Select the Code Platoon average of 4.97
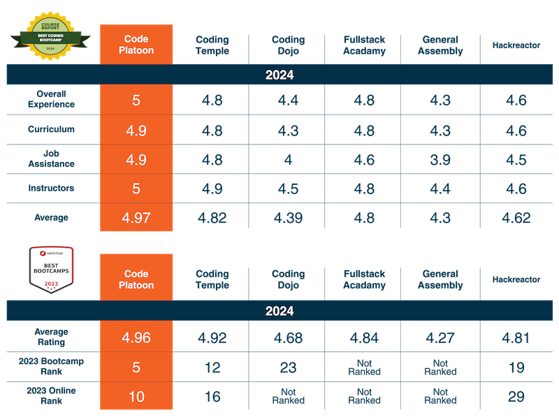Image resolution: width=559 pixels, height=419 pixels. pos(136,218)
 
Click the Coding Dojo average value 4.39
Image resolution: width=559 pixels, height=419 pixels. pos(287,218)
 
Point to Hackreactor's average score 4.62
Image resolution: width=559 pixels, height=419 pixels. pos(518,218)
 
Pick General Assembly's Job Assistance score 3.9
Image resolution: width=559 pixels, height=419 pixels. pos(440,159)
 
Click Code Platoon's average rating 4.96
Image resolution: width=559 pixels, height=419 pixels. pos(136,338)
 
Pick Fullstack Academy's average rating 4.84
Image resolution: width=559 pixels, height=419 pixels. pos(363,338)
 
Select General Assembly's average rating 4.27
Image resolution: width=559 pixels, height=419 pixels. pos(440,338)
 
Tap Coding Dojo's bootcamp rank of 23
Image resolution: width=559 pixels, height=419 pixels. pos(287,367)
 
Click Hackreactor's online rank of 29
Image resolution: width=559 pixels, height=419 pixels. pos(518,397)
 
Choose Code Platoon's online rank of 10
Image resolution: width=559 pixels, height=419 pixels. pos(136,397)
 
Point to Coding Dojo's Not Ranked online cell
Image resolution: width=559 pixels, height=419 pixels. pos(287,397)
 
